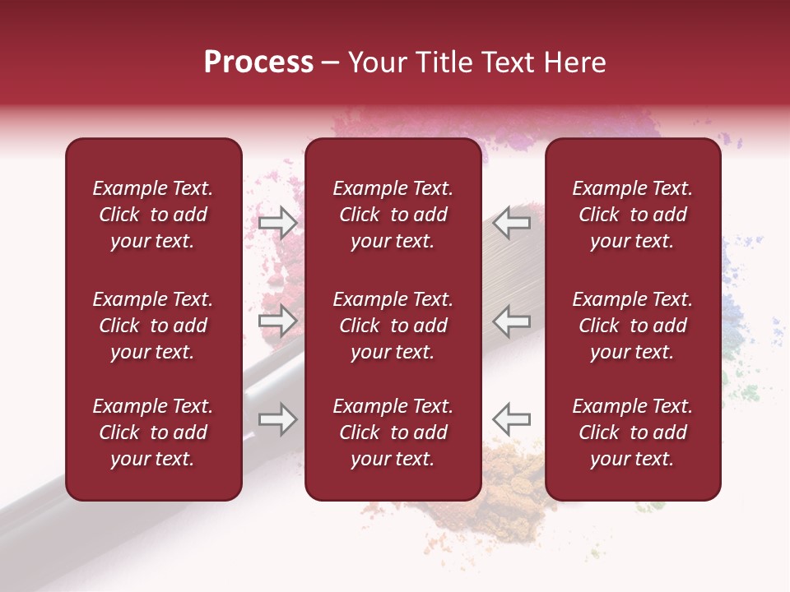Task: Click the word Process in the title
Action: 258,62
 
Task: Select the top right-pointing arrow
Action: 278,223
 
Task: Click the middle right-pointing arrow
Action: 278,320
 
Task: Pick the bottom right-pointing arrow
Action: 278,419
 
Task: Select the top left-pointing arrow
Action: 511,222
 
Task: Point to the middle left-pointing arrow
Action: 511,320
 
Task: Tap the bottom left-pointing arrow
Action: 511,419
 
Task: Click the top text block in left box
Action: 153,215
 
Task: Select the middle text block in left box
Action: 153,326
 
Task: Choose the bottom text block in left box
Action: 153,432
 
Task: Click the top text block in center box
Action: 393,215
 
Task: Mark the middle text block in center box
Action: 393,326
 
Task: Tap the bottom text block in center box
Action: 393,432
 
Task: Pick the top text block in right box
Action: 632,215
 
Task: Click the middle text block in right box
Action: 632,326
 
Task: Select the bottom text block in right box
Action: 632,432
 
